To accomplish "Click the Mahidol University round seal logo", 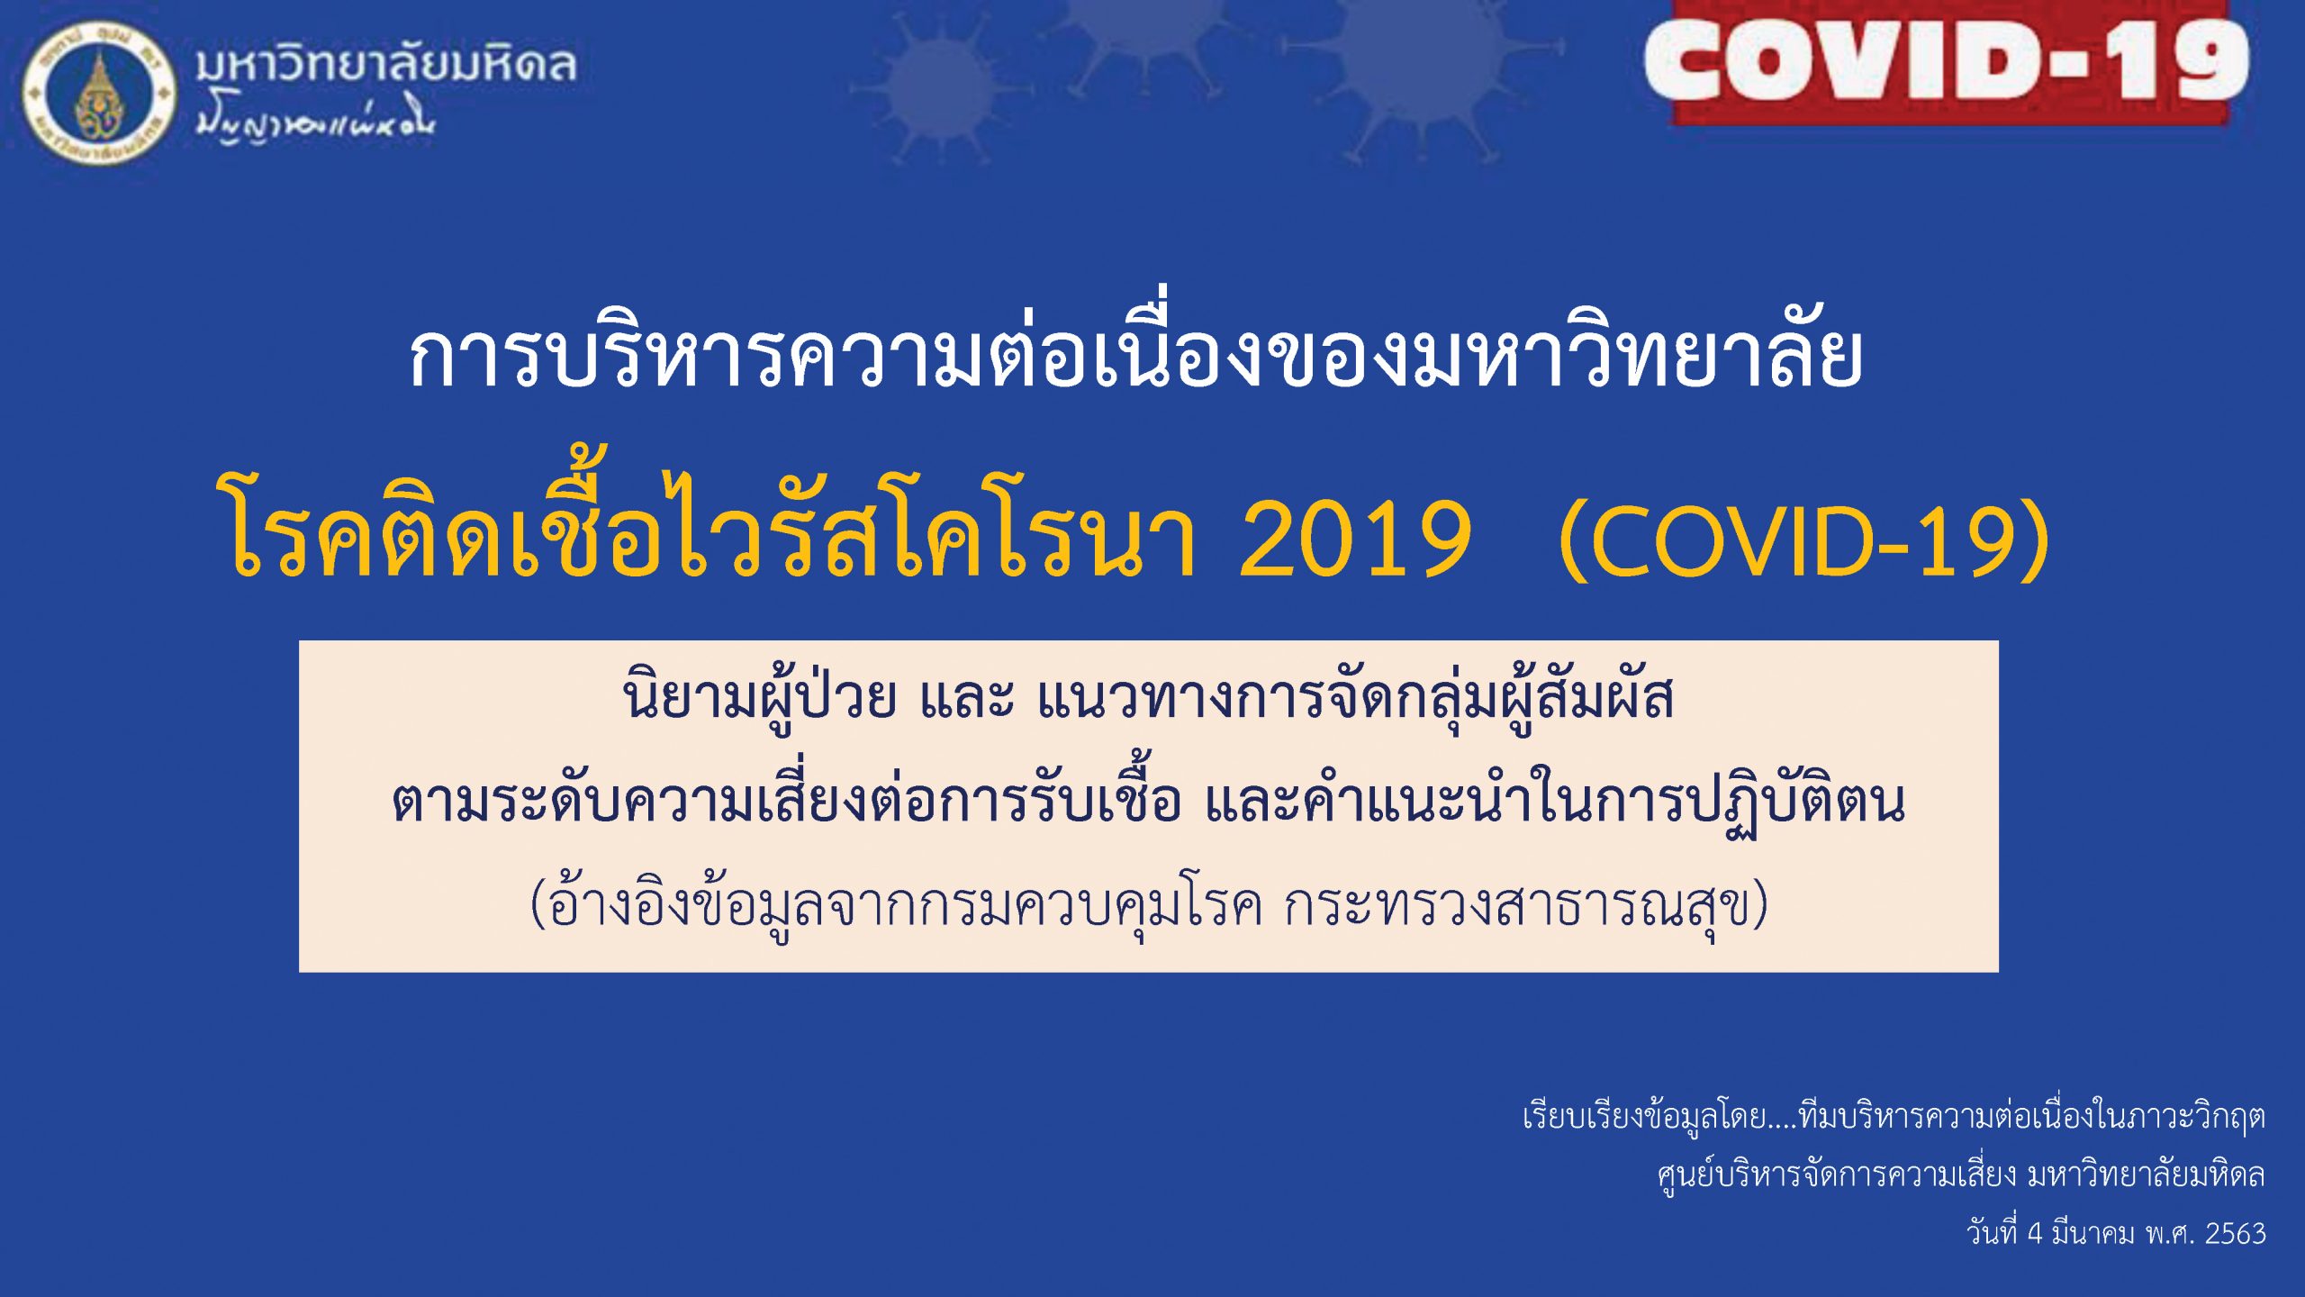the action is click(x=99, y=94).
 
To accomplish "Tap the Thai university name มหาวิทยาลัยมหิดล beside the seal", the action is click(x=386, y=65).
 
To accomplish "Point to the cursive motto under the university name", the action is click(x=315, y=124).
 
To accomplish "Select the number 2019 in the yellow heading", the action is click(x=1355, y=540).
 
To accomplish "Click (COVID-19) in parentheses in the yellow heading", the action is click(x=1804, y=540).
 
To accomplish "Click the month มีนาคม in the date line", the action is click(x=2093, y=1232).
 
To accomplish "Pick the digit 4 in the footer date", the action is click(x=2035, y=1233).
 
